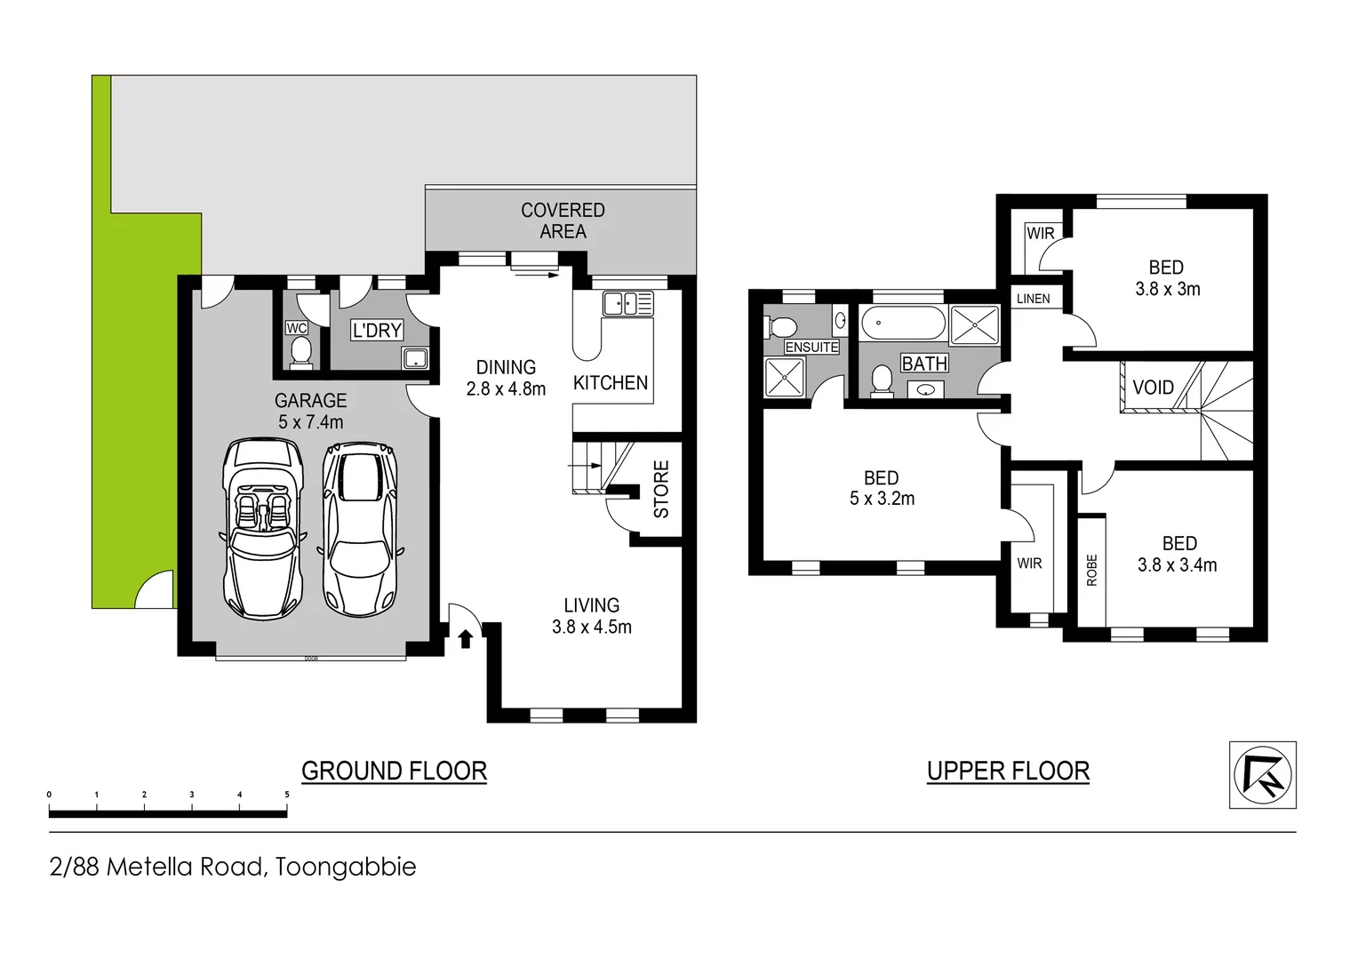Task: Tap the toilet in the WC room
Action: pyautogui.click(x=300, y=352)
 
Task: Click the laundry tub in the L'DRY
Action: pyautogui.click(x=415, y=359)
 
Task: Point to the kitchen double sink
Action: pyautogui.click(x=627, y=303)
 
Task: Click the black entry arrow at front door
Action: pyautogui.click(x=465, y=638)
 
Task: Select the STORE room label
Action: pyautogui.click(x=661, y=489)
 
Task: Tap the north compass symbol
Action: pyautogui.click(x=1262, y=774)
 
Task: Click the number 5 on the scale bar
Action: pyautogui.click(x=287, y=795)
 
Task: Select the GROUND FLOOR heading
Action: pyautogui.click(x=394, y=771)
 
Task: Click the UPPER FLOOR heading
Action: pyautogui.click(x=1008, y=771)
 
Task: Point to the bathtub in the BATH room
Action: pyautogui.click(x=903, y=323)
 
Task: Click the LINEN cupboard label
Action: pyautogui.click(x=1033, y=299)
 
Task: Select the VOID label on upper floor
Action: pyautogui.click(x=1153, y=388)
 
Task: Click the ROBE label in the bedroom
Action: pyautogui.click(x=1091, y=570)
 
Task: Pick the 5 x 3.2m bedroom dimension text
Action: pyautogui.click(x=882, y=499)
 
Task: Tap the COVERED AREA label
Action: pyautogui.click(x=563, y=220)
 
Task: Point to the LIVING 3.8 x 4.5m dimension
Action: pyautogui.click(x=592, y=627)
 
